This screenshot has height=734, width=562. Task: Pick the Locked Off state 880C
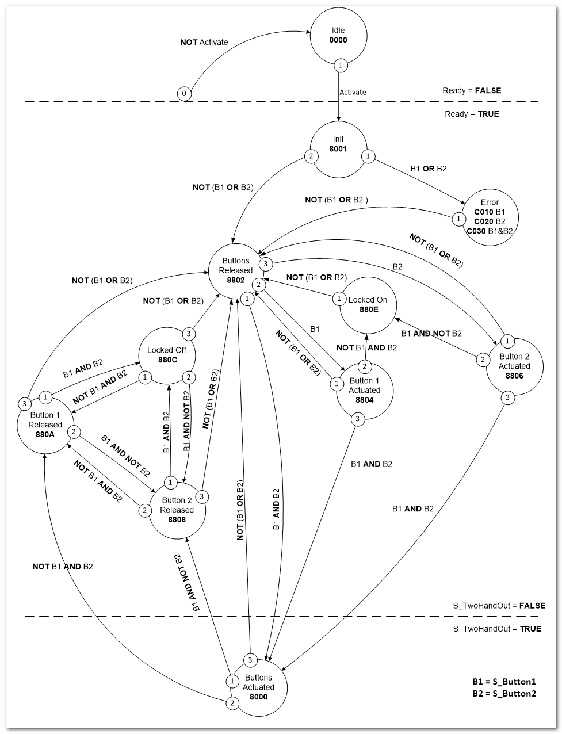[167, 355]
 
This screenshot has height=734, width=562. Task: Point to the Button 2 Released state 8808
[177, 510]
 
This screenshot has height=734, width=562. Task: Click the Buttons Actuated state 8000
[258, 687]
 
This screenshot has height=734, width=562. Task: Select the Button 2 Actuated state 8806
[514, 366]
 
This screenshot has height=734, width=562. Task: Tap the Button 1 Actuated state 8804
[364, 391]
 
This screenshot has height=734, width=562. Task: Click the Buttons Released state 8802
[236, 270]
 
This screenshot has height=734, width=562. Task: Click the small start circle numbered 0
[184, 93]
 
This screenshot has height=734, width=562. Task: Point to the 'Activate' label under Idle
[353, 92]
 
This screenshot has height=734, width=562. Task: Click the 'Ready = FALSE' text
[471, 90]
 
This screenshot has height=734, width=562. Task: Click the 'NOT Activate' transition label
[204, 42]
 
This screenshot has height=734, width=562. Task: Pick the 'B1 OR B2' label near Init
[429, 169]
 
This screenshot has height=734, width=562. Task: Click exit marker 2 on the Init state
[311, 156]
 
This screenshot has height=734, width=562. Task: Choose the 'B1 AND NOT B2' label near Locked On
[431, 333]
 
